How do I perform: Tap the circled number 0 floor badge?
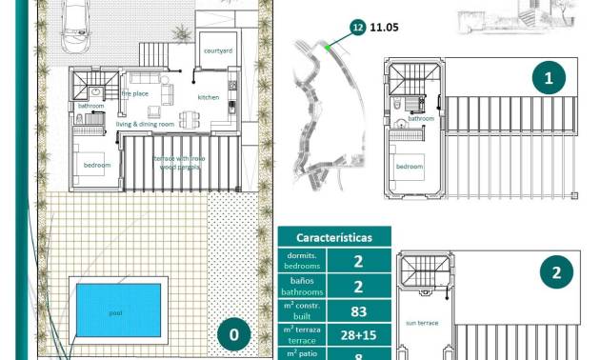pos(233,334)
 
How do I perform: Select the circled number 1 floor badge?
pos(547,77)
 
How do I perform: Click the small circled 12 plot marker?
pos(357,30)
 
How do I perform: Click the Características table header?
pos(333,237)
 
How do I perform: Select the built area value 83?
pos(358,310)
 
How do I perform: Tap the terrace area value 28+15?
pos(358,335)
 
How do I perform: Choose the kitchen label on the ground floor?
pos(209,97)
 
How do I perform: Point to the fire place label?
pos(134,93)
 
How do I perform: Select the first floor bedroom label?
pos(410,167)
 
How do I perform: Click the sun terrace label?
pos(422,323)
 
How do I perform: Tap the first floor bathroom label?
pos(421,118)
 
